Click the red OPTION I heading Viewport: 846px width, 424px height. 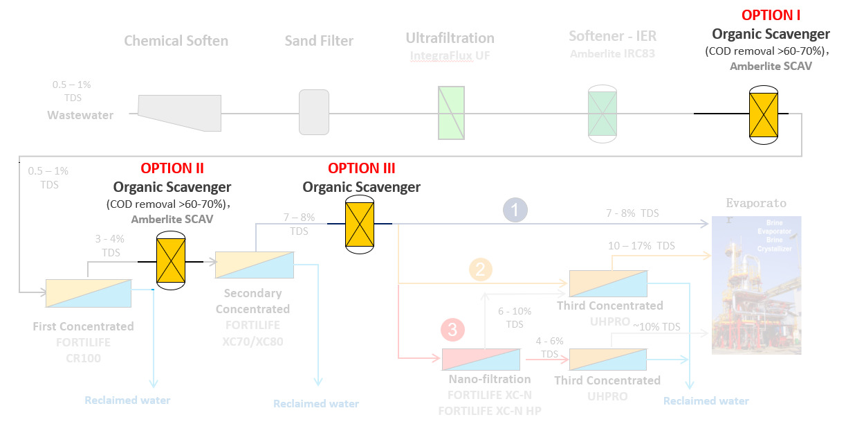pyautogui.click(x=771, y=15)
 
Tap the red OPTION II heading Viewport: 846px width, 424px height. pyautogui.click(x=172, y=168)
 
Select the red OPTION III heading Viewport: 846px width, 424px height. pyautogui.click(x=361, y=168)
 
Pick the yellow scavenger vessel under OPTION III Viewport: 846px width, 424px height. pyautogui.click(x=360, y=224)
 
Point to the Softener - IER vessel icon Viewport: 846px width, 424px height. pyautogui.click(x=602, y=114)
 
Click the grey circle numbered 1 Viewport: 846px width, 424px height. pyautogui.click(x=515, y=210)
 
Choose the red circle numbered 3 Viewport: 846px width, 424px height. pyautogui.click(x=452, y=330)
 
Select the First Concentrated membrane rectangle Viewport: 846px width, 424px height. pyautogui.click(x=88, y=293)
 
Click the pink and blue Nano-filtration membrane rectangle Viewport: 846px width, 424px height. pyautogui.click(x=481, y=359)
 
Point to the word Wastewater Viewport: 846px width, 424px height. pyautogui.click(x=80, y=115)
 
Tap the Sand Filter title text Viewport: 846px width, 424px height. pyautogui.click(x=319, y=41)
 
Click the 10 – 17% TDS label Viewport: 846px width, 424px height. pyautogui.click(x=641, y=246)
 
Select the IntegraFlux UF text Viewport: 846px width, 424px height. pyautogui.click(x=450, y=55)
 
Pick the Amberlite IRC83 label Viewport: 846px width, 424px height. pyautogui.click(x=612, y=53)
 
